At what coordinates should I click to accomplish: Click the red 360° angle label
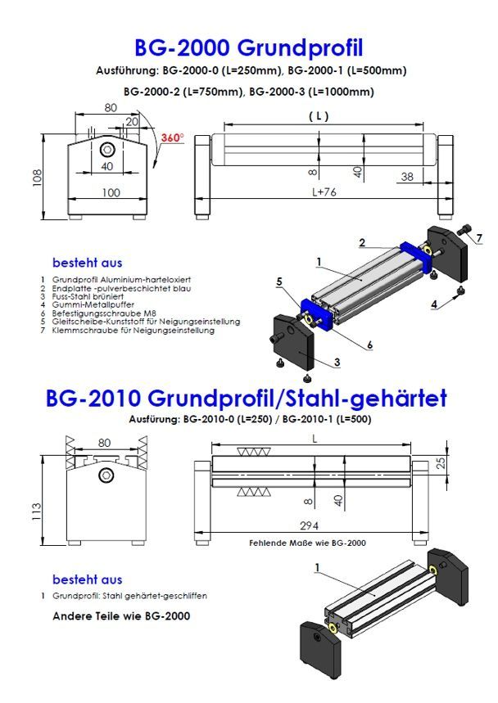click(x=173, y=137)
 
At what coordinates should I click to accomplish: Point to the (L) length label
click(x=319, y=117)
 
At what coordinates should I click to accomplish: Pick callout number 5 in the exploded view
click(x=279, y=282)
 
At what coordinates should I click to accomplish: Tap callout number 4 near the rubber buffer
click(x=433, y=303)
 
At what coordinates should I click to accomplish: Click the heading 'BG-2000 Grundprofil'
click(x=248, y=45)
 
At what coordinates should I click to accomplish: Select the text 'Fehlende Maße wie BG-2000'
click(x=306, y=542)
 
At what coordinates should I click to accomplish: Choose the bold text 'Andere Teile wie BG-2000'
click(x=121, y=615)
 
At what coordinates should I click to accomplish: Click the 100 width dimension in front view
click(x=109, y=193)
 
